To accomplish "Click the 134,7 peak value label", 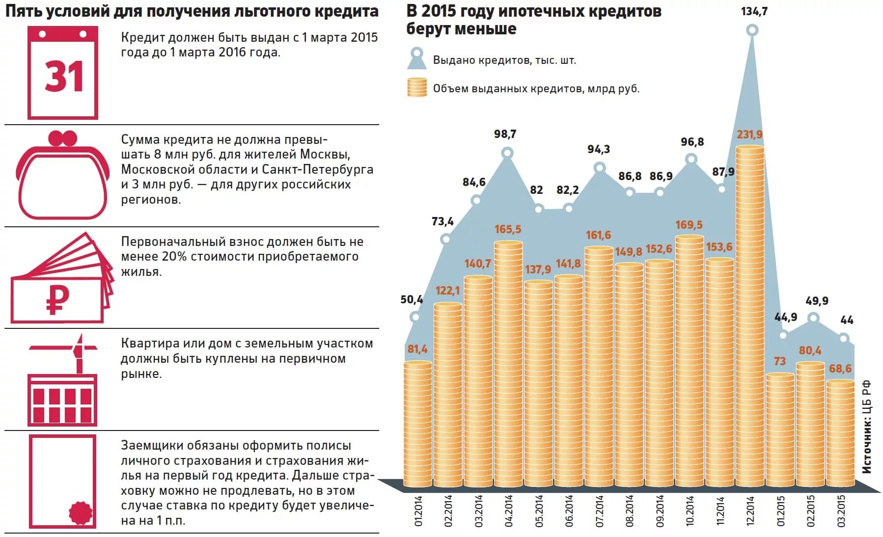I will [x=754, y=11].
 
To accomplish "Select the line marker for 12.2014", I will [x=752, y=30].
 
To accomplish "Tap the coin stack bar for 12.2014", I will [x=750, y=314].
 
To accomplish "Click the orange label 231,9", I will [x=749, y=134].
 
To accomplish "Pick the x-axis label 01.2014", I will [x=418, y=511].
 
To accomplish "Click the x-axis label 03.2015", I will [x=841, y=511].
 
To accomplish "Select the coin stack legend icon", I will [x=416, y=87].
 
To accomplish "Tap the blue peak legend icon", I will [x=417, y=59].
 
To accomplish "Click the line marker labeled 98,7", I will [x=507, y=154].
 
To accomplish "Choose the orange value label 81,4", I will [x=417, y=349].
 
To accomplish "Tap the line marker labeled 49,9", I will [x=813, y=319].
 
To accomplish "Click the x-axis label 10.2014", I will [x=690, y=511].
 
